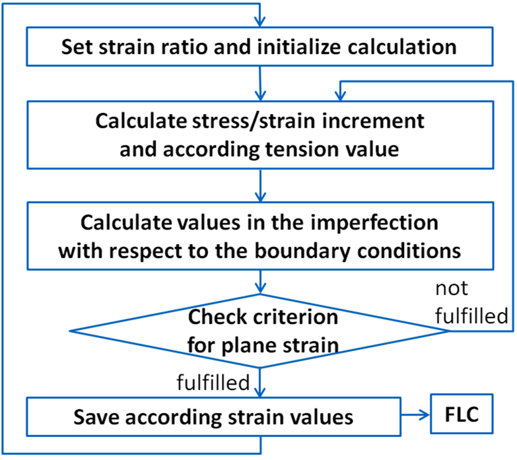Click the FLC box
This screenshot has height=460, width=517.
[462, 415]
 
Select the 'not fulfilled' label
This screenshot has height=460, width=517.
[470, 304]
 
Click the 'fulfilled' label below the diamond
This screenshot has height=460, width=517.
[213, 381]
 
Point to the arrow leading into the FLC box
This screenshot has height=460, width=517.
[415, 415]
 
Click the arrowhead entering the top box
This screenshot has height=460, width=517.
[262, 20]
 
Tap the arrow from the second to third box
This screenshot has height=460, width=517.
[262, 185]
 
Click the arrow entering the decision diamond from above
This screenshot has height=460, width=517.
[262, 285]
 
